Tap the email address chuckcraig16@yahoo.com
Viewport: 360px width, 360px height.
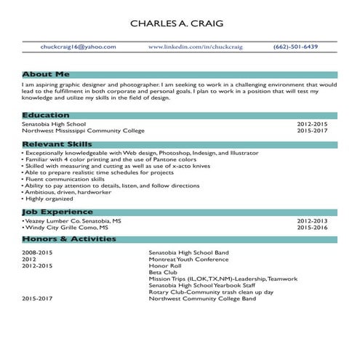[x=79, y=47]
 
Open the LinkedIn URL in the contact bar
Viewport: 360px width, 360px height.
[x=195, y=47]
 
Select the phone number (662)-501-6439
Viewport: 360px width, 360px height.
[x=295, y=47]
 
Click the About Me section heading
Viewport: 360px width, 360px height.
[x=46, y=74]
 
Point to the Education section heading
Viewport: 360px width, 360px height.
[x=46, y=115]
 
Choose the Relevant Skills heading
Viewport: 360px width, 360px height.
[x=57, y=145]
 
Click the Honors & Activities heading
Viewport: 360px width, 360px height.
[x=69, y=239]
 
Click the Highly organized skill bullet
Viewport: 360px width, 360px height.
[x=46, y=199]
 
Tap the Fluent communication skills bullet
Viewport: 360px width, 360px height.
[x=64, y=179]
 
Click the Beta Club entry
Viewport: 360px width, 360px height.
[x=163, y=272]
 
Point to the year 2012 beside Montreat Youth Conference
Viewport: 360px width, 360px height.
[x=29, y=259]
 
